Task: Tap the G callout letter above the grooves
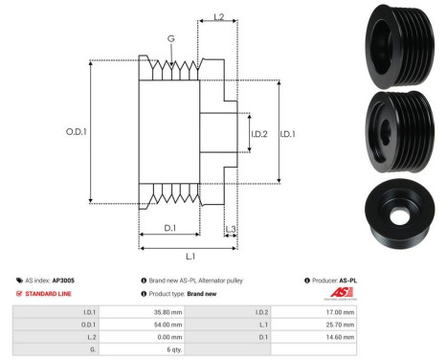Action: click(171, 39)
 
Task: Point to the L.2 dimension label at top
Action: click(218, 17)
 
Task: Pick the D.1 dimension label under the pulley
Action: click(169, 227)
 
